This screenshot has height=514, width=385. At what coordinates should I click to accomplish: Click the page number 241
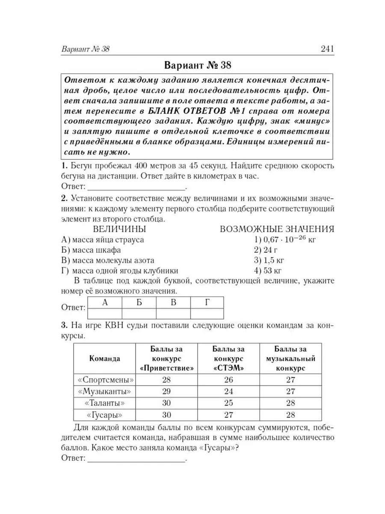[x=326, y=49]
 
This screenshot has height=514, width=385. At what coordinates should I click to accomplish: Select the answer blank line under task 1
[x=136, y=187]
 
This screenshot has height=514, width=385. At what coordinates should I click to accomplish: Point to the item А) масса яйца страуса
[x=103, y=240]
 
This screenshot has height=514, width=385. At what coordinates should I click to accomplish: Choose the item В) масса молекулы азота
[x=108, y=260]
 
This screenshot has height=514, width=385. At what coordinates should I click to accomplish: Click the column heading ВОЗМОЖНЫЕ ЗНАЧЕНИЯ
[x=277, y=229]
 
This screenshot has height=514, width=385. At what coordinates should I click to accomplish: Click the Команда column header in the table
[x=104, y=358]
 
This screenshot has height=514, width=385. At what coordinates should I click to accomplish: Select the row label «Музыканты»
[x=104, y=391]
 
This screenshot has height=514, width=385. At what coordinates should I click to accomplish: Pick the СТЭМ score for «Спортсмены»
[x=228, y=379]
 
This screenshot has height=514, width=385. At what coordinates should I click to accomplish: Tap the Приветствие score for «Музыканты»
[x=167, y=391]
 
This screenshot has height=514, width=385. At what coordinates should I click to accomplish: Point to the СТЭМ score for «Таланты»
[x=228, y=403]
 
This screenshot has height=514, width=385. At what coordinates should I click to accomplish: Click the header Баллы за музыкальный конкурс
[x=290, y=358]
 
